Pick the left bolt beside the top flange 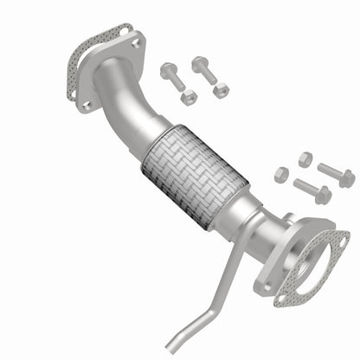[171, 79]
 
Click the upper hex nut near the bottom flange [305, 158]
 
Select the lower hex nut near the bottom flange [281, 174]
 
